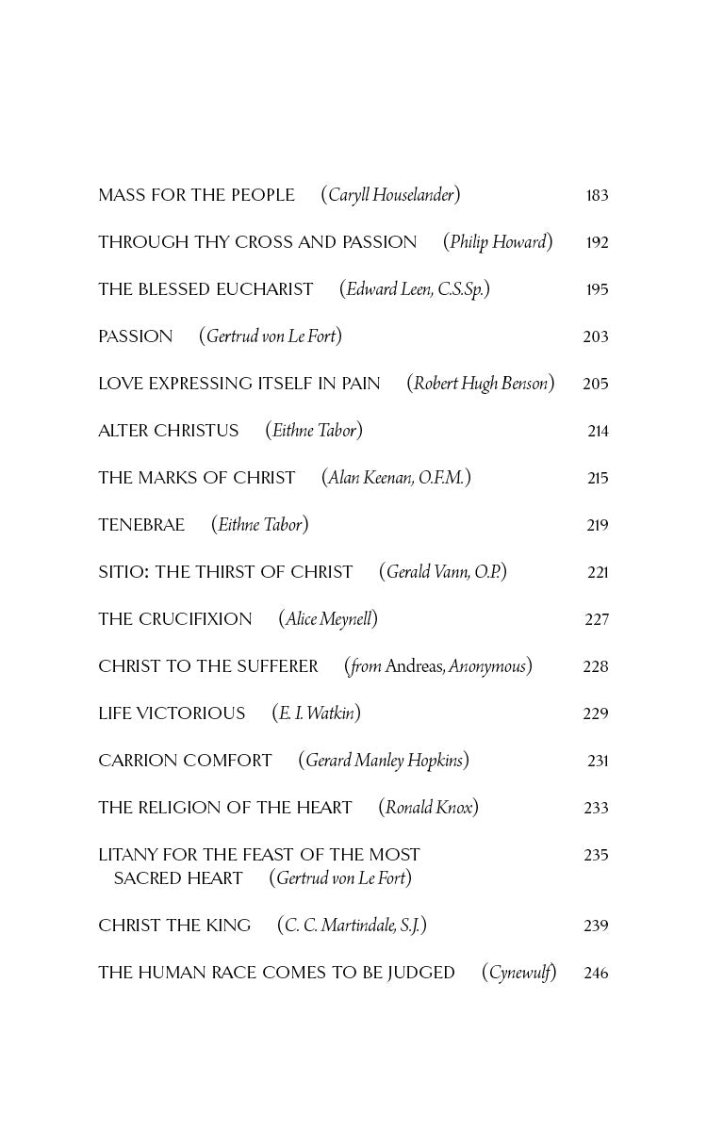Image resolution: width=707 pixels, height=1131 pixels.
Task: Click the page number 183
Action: [597, 196]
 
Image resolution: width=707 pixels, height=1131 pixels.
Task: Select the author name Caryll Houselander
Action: [390, 196]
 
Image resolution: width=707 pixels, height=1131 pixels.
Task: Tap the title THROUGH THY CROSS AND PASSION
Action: [257, 243]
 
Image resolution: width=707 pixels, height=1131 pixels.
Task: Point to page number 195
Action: [597, 290]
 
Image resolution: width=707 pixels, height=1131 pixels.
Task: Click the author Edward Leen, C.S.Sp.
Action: [415, 290]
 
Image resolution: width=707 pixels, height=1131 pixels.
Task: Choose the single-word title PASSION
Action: [136, 337]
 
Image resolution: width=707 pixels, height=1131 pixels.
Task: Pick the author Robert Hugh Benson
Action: [481, 385]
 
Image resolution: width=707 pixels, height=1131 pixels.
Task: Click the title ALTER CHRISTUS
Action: [169, 432]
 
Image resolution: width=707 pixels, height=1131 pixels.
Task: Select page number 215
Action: [598, 479]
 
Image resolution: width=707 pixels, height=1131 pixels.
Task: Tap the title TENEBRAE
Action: [141, 526]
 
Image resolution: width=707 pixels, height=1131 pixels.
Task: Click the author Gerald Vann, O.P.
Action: [443, 573]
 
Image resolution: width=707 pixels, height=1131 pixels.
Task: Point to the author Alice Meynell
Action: [328, 620]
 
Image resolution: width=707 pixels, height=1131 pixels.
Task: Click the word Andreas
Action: [414, 667]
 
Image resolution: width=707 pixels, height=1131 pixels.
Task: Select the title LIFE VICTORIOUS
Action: [172, 714]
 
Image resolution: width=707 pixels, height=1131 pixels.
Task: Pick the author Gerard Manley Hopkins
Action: [384, 762]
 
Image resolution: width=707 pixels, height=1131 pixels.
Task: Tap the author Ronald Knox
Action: [429, 809]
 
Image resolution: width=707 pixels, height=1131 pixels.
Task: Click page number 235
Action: [596, 856]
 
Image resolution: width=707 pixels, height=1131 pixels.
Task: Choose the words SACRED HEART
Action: [178, 879]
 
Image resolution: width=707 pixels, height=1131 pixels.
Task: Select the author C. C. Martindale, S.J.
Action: [352, 926]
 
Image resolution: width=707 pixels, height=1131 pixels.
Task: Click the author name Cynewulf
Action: [519, 974]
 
